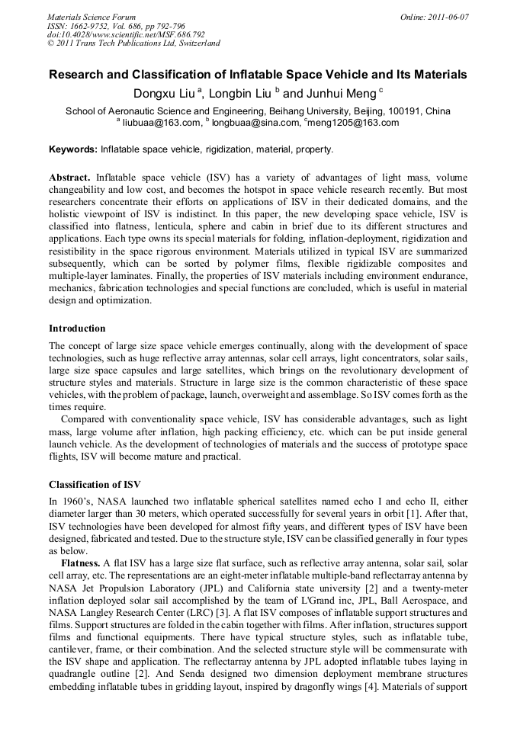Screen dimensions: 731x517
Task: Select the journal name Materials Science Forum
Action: (92, 16)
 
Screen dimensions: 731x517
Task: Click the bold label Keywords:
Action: (73, 149)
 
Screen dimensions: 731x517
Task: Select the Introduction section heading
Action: (77, 329)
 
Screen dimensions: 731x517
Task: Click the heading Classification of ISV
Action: (95, 485)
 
